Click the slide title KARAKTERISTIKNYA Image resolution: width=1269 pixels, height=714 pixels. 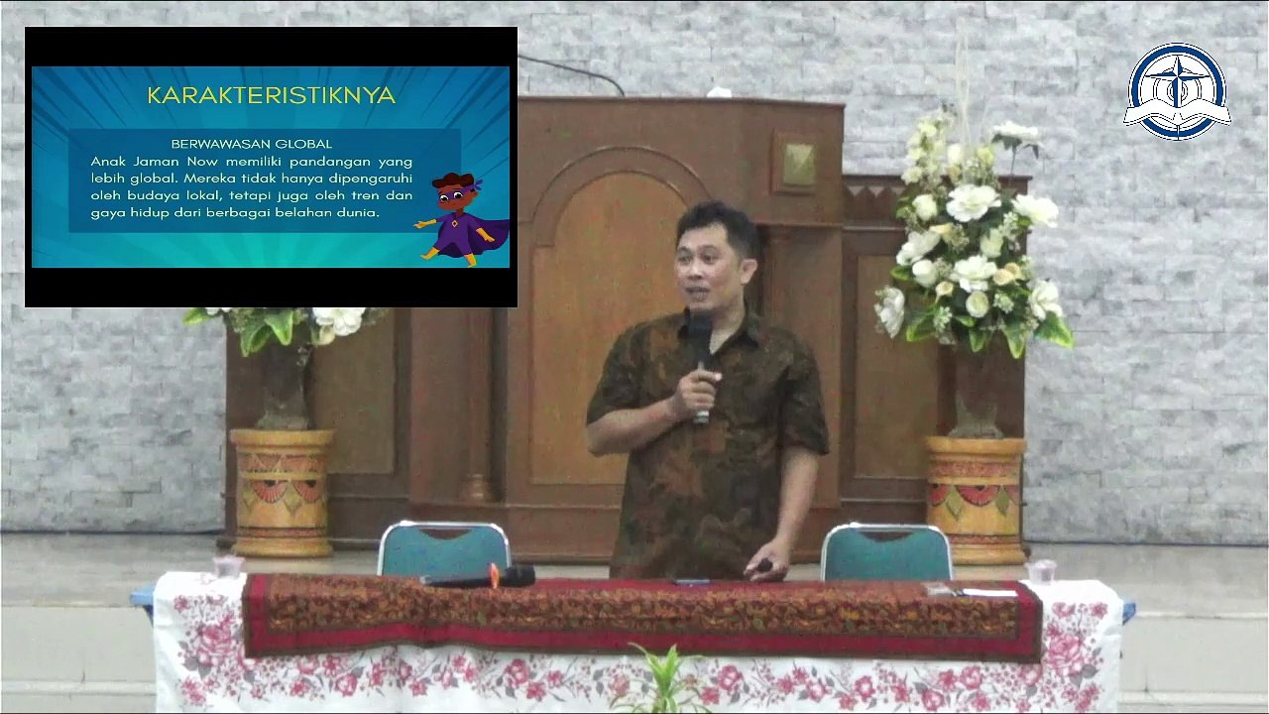(x=272, y=95)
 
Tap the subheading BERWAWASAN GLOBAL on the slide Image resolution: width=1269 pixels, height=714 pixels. (x=252, y=144)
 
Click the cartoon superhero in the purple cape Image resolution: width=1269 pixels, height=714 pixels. (x=461, y=219)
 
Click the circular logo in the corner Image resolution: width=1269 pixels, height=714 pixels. (x=1177, y=92)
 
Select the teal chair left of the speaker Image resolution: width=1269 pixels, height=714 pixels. (x=444, y=549)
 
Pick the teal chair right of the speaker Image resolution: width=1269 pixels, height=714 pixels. (x=886, y=552)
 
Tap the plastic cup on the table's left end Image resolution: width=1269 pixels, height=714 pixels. (x=228, y=566)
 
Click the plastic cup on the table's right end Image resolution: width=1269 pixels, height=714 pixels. (x=1041, y=572)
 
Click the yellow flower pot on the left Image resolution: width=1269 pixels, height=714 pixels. (x=281, y=493)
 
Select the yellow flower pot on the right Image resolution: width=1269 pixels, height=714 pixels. (x=975, y=500)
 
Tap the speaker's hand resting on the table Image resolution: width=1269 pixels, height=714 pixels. (x=764, y=565)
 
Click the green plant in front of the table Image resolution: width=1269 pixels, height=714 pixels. (x=664, y=681)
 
